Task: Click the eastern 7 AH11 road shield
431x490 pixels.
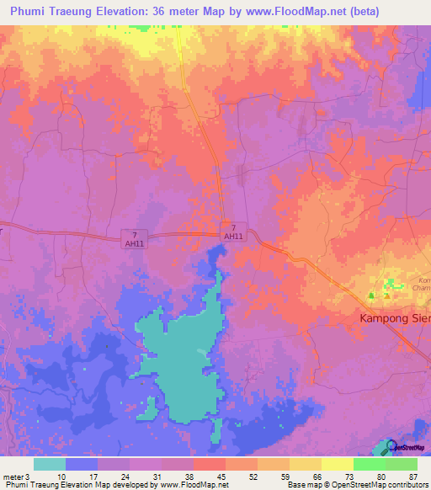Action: pos(234,232)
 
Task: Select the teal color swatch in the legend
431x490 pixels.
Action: pos(50,464)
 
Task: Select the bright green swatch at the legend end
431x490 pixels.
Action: pos(402,464)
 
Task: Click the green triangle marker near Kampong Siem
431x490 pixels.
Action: pos(371,295)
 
